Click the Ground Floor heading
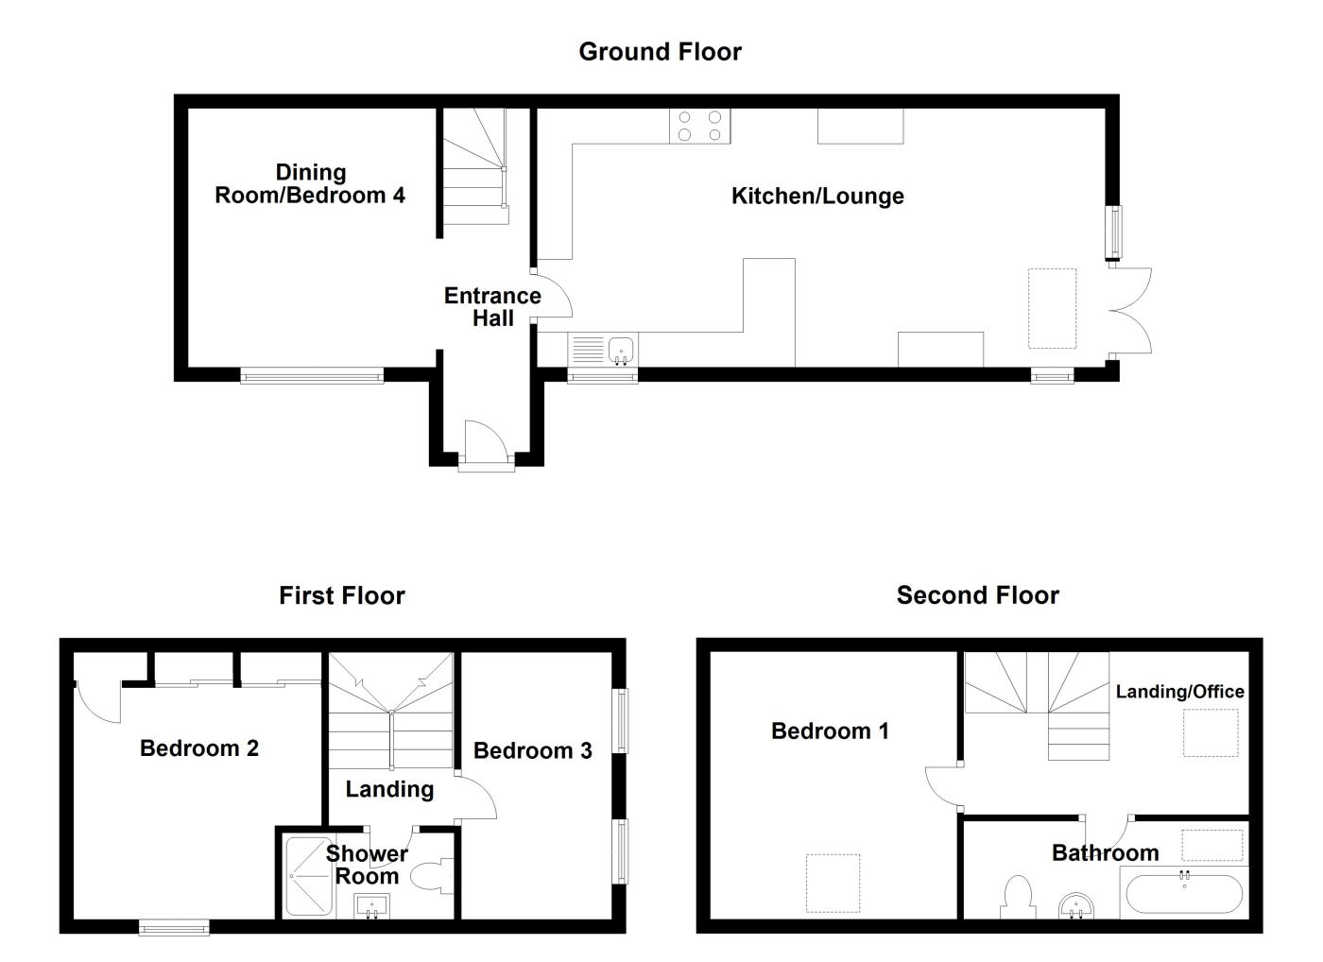pyautogui.click(x=660, y=52)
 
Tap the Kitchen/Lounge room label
pyautogui.click(x=817, y=197)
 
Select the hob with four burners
pyautogui.click(x=700, y=127)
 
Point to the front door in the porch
pyautogui.click(x=486, y=441)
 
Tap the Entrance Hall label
pyautogui.click(x=492, y=307)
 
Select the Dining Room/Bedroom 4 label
pyautogui.click(x=310, y=184)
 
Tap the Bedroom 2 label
pyautogui.click(x=199, y=748)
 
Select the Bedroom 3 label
pyautogui.click(x=532, y=751)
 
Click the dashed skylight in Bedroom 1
pyautogui.click(x=833, y=883)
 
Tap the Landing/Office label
pyautogui.click(x=1179, y=692)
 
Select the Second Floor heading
pyautogui.click(x=977, y=596)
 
